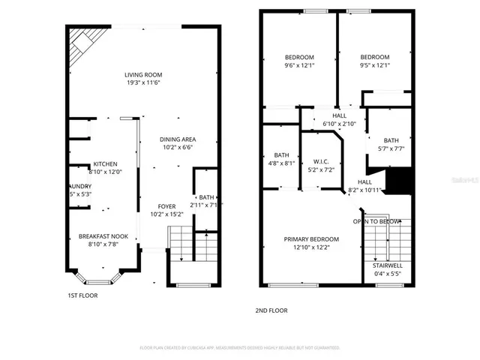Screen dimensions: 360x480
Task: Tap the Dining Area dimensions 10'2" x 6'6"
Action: [179, 148]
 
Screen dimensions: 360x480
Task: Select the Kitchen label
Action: [104, 164]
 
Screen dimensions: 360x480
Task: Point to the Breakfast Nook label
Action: [103, 237]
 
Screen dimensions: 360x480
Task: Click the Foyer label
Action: [166, 206]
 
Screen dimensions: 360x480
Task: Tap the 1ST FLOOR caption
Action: [82, 295]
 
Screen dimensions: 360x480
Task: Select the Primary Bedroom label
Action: [311, 239]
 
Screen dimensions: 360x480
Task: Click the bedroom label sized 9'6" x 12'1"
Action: [299, 58]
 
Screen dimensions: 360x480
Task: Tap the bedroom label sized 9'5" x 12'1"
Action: [374, 58]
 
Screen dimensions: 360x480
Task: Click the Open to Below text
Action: [376, 221]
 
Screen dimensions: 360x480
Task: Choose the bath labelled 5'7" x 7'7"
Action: [391, 140]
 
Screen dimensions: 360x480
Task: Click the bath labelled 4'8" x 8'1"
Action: [281, 155]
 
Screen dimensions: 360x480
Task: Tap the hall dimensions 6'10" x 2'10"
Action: [339, 124]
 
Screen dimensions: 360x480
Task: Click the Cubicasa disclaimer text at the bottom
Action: [240, 348]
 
